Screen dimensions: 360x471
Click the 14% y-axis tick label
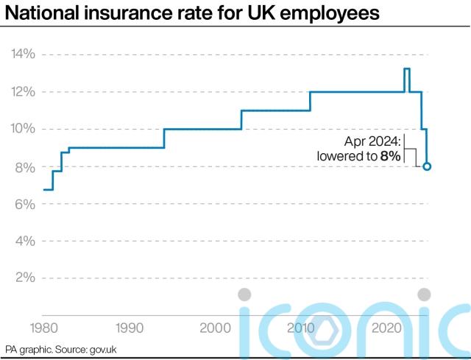[x=22, y=54]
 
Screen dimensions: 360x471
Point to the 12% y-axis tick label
[x=22, y=92]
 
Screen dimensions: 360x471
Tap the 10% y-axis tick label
[x=22, y=129]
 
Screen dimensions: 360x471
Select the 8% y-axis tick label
[x=24, y=167]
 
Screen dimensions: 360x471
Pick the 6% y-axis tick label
[x=24, y=204]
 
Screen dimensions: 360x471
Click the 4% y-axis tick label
[x=24, y=241]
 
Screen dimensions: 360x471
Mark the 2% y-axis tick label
[x=24, y=278]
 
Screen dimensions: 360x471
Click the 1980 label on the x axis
[x=43, y=327]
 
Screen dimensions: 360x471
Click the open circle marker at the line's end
[x=427, y=166]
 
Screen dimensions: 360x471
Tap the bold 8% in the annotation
[x=390, y=156]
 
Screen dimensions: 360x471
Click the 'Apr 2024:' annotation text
[x=372, y=141]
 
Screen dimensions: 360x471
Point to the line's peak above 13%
[x=406, y=68]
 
